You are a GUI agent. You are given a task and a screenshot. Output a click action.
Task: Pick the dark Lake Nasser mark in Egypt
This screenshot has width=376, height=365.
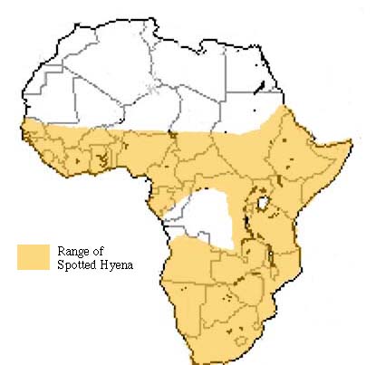263,87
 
